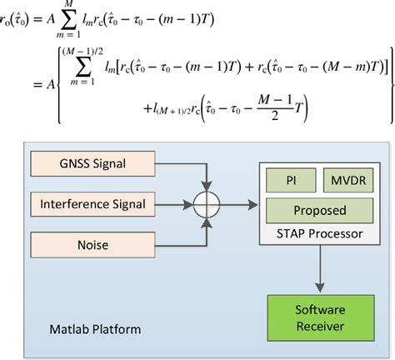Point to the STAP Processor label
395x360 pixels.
point(313,233)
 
